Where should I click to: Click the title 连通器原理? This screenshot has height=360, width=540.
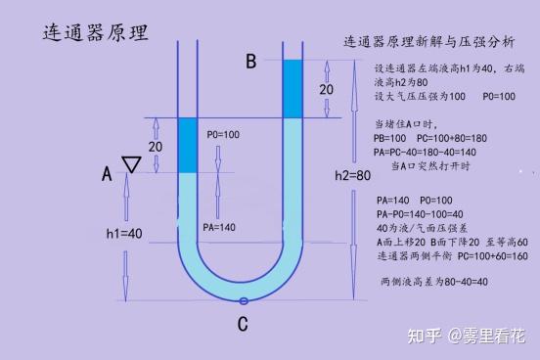pos(96,33)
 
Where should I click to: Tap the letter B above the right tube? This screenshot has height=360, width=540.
pos(250,62)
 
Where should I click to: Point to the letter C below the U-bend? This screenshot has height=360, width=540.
pos(242,325)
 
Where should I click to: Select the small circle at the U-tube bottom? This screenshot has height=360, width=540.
pos(243,299)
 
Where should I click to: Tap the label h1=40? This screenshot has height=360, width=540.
pos(126,233)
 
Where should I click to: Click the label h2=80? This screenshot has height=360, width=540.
pos(352,176)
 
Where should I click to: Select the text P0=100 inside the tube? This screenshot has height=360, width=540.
pos(223,133)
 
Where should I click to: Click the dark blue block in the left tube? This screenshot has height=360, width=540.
pos(189,145)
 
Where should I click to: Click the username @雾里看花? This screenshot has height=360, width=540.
pos(486,337)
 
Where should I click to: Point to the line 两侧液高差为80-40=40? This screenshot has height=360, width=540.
pos(433,282)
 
